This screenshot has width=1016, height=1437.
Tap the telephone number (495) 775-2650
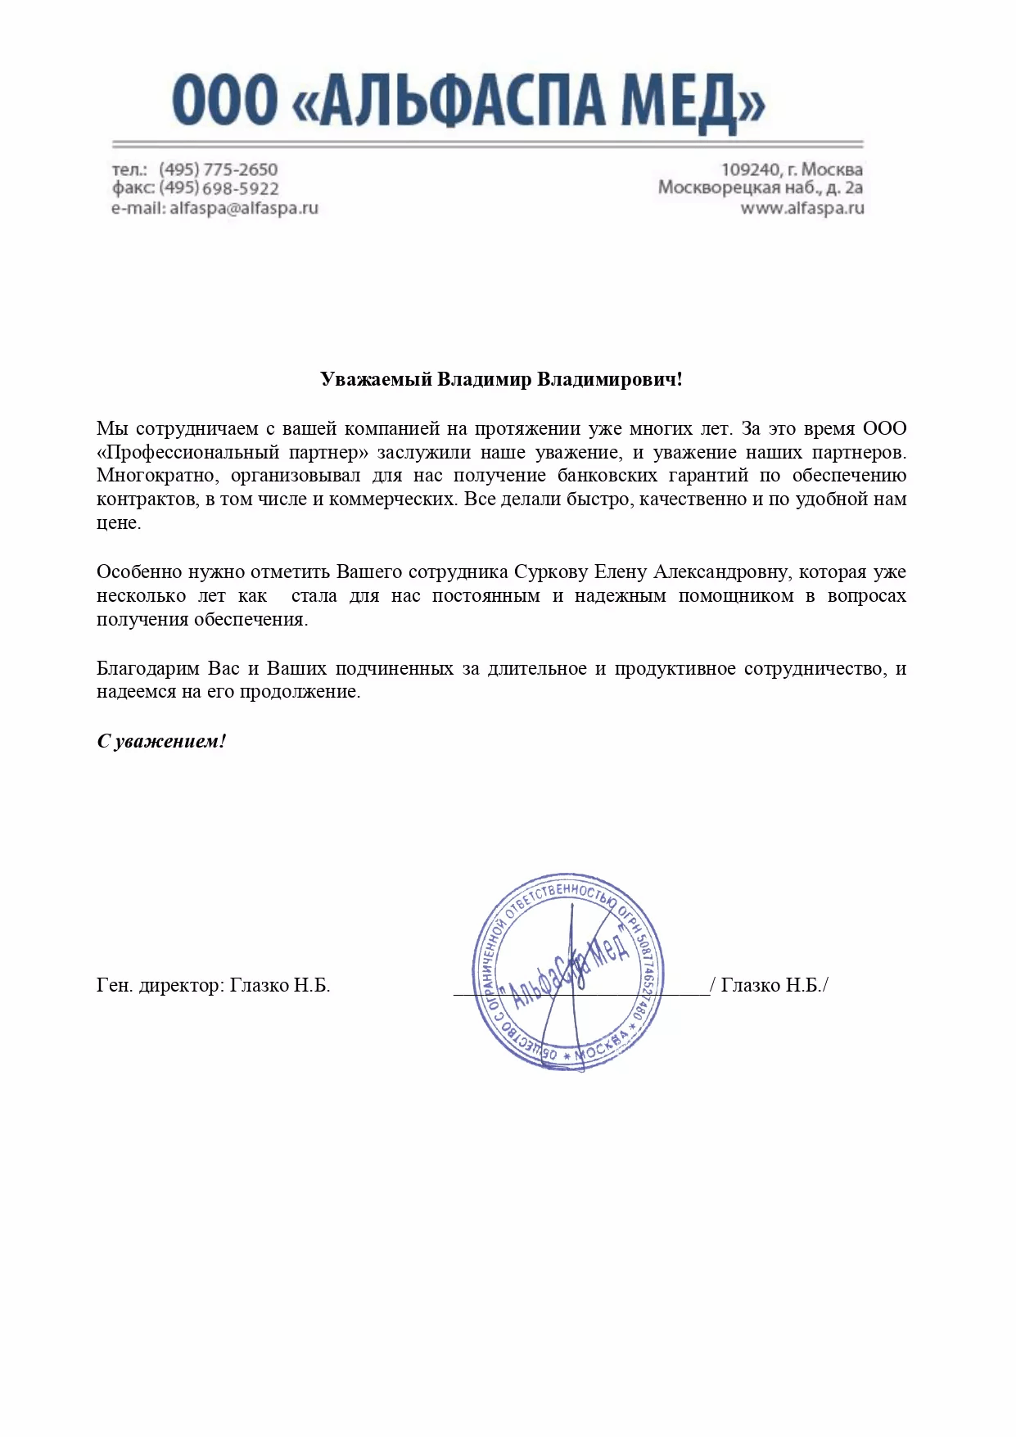pyautogui.click(x=219, y=169)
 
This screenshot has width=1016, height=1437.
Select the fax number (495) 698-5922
pyautogui.click(x=219, y=188)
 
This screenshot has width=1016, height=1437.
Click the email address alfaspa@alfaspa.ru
pyautogui.click(x=244, y=208)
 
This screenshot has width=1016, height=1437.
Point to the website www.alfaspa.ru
pyautogui.click(x=802, y=208)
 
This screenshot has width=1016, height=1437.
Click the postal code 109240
pyautogui.click(x=750, y=169)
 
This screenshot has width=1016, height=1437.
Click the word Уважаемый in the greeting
pyautogui.click(x=375, y=380)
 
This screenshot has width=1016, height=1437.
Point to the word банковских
pyautogui.click(x=607, y=476)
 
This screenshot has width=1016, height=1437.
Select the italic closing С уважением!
pyautogui.click(x=161, y=742)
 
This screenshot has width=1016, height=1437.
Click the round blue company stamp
pyautogui.click(x=567, y=972)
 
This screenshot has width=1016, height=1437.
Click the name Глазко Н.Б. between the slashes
pyautogui.click(x=770, y=985)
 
